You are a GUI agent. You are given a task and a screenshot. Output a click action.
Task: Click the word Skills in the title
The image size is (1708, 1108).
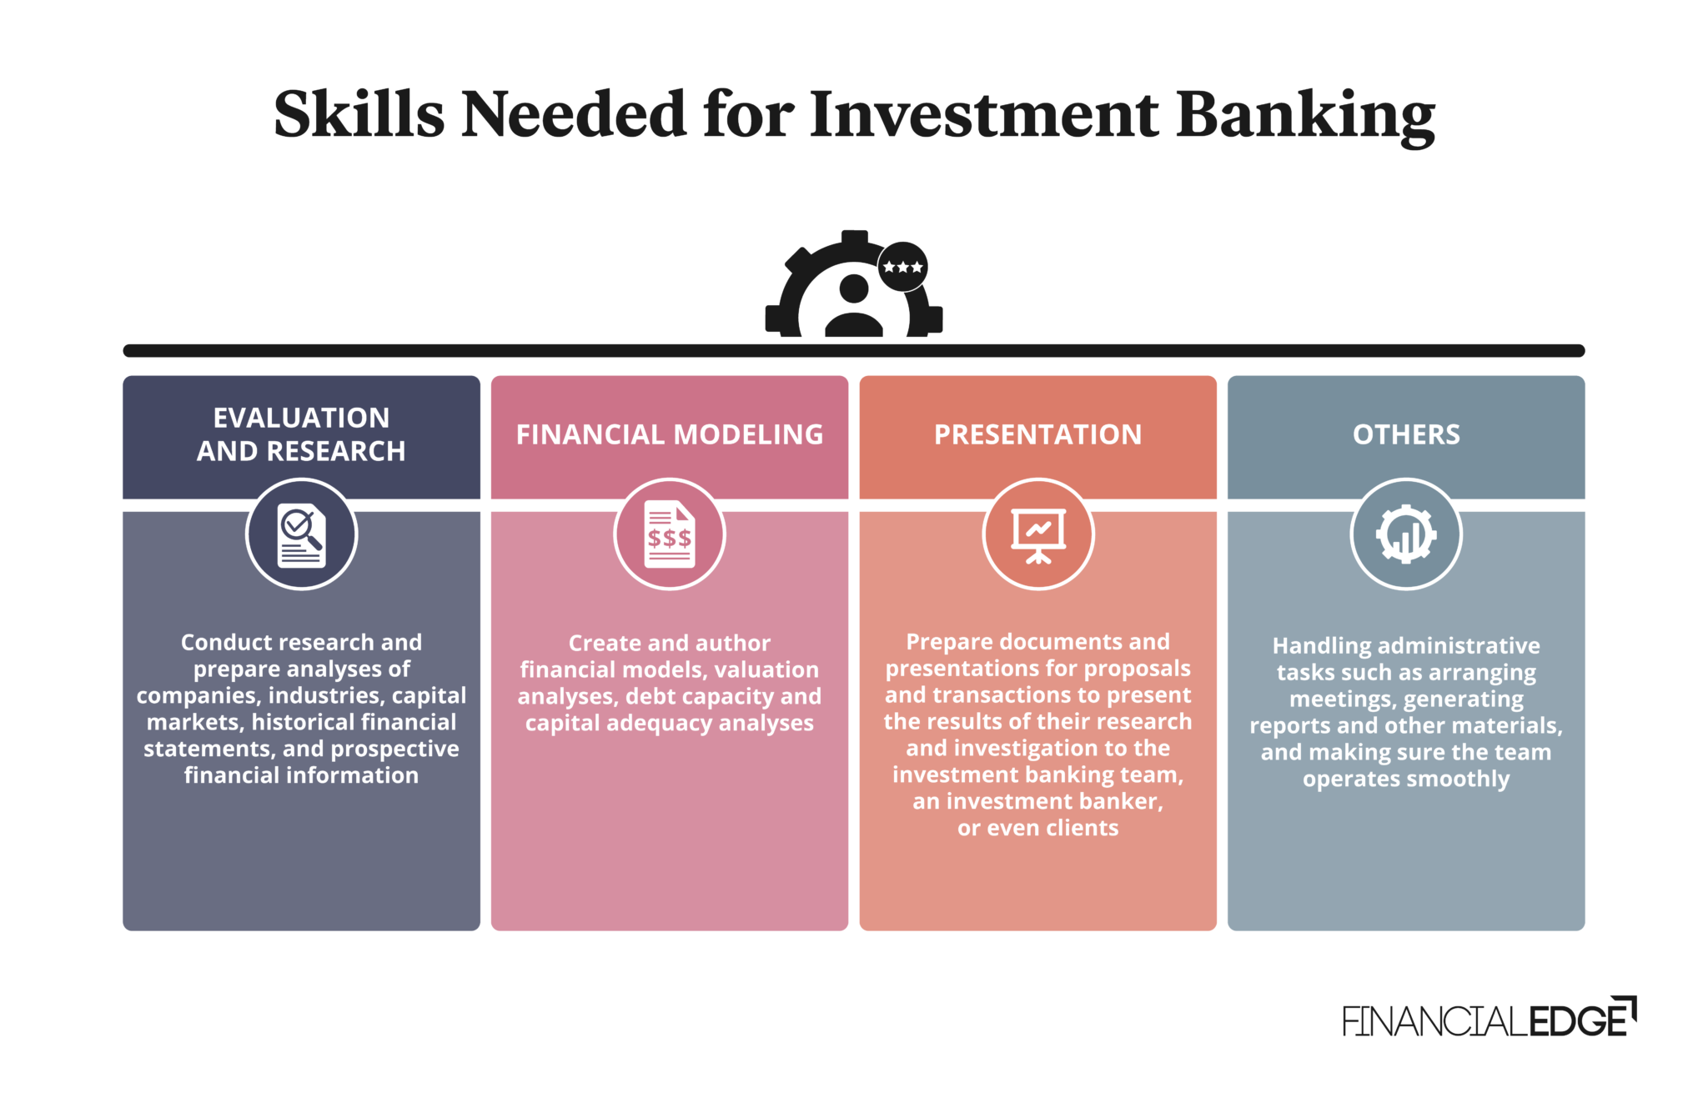[359, 114]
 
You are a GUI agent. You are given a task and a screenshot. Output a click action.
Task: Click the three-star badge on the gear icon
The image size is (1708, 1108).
[902, 267]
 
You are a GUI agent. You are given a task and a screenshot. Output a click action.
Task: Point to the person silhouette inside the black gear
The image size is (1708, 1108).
[854, 306]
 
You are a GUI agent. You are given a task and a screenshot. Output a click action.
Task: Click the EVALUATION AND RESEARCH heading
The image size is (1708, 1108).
[301, 434]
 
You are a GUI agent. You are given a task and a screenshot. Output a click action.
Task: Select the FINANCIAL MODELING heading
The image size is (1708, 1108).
[670, 434]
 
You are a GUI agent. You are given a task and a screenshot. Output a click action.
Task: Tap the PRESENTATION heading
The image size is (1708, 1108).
[1038, 434]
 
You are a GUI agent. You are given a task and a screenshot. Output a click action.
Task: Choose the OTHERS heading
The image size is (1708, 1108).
[1406, 434]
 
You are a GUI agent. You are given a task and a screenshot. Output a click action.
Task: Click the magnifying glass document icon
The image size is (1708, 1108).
[302, 534]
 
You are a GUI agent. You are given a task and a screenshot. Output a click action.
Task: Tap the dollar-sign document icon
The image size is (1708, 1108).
[670, 534]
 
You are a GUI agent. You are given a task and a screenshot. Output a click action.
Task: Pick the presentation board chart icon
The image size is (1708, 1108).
[1038, 535]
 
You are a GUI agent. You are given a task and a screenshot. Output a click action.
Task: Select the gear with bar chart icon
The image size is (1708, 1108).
[1406, 534]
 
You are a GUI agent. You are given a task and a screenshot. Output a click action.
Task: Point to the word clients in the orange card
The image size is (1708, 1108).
[1083, 828]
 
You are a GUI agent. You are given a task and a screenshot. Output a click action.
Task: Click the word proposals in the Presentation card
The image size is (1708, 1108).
[1137, 669]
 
